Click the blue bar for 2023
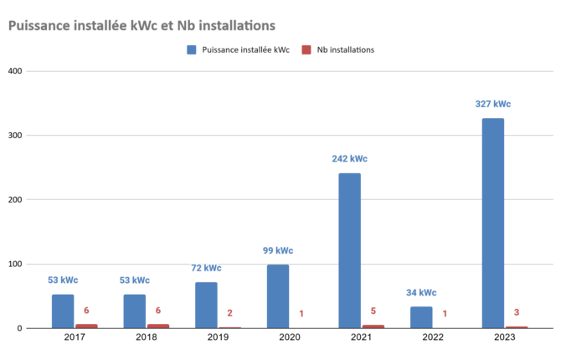pos(492,223)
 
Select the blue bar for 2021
pos(349,250)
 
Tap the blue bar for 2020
pos(278,296)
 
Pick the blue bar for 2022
pos(421,317)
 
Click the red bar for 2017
pos(86,326)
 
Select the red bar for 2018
pos(157,326)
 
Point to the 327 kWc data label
pos(492,104)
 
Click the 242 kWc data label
pos(349,159)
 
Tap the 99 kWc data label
pos(278,250)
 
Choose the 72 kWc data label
pos(206,268)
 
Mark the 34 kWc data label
pos(421,293)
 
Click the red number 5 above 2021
pos(373,311)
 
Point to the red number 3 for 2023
pos(517,312)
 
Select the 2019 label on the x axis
pos(218,337)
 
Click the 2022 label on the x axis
pos(433,337)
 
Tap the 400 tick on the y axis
pos(15,71)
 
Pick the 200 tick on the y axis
pos(15,200)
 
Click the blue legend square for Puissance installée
pos(192,49)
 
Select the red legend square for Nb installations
pos(306,49)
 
